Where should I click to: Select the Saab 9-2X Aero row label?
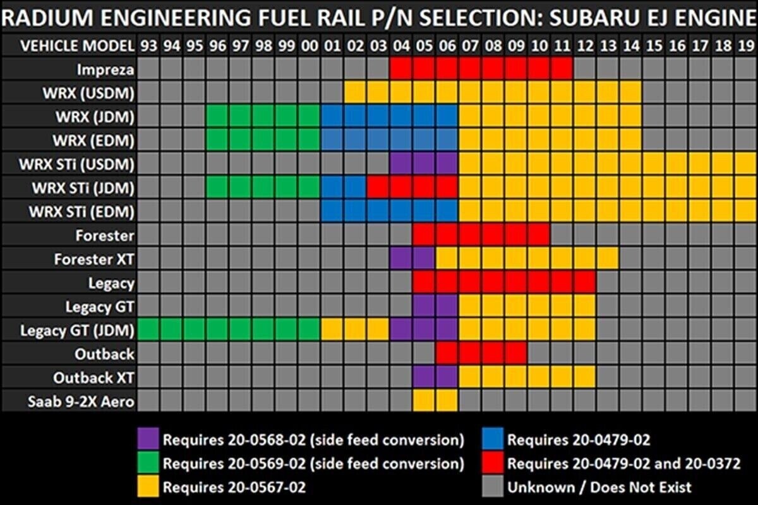click(81, 401)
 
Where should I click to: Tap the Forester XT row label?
click(94, 259)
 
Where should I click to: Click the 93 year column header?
click(149, 45)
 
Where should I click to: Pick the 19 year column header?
click(745, 45)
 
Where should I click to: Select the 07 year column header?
click(471, 45)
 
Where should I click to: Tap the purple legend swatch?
click(149, 438)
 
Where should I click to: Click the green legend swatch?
click(149, 463)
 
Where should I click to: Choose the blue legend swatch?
click(493, 438)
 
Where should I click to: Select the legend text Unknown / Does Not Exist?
click(599, 487)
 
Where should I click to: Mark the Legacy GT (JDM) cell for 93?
click(149, 330)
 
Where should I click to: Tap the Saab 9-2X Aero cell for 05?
click(424, 401)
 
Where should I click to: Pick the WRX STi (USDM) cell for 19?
click(745, 164)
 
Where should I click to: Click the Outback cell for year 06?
click(447, 353)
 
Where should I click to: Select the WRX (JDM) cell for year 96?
click(218, 117)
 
